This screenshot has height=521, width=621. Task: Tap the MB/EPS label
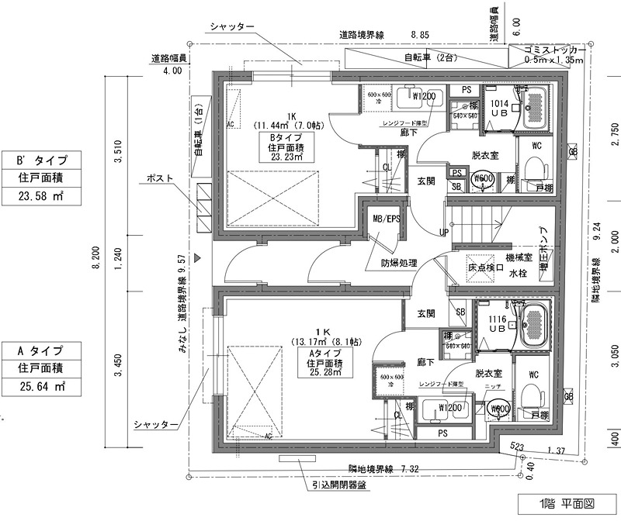pyautogui.click(x=386, y=219)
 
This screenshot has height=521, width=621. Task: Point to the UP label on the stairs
pyautogui.click(x=443, y=233)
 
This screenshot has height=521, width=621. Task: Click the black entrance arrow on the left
pyautogui.click(x=198, y=257)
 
